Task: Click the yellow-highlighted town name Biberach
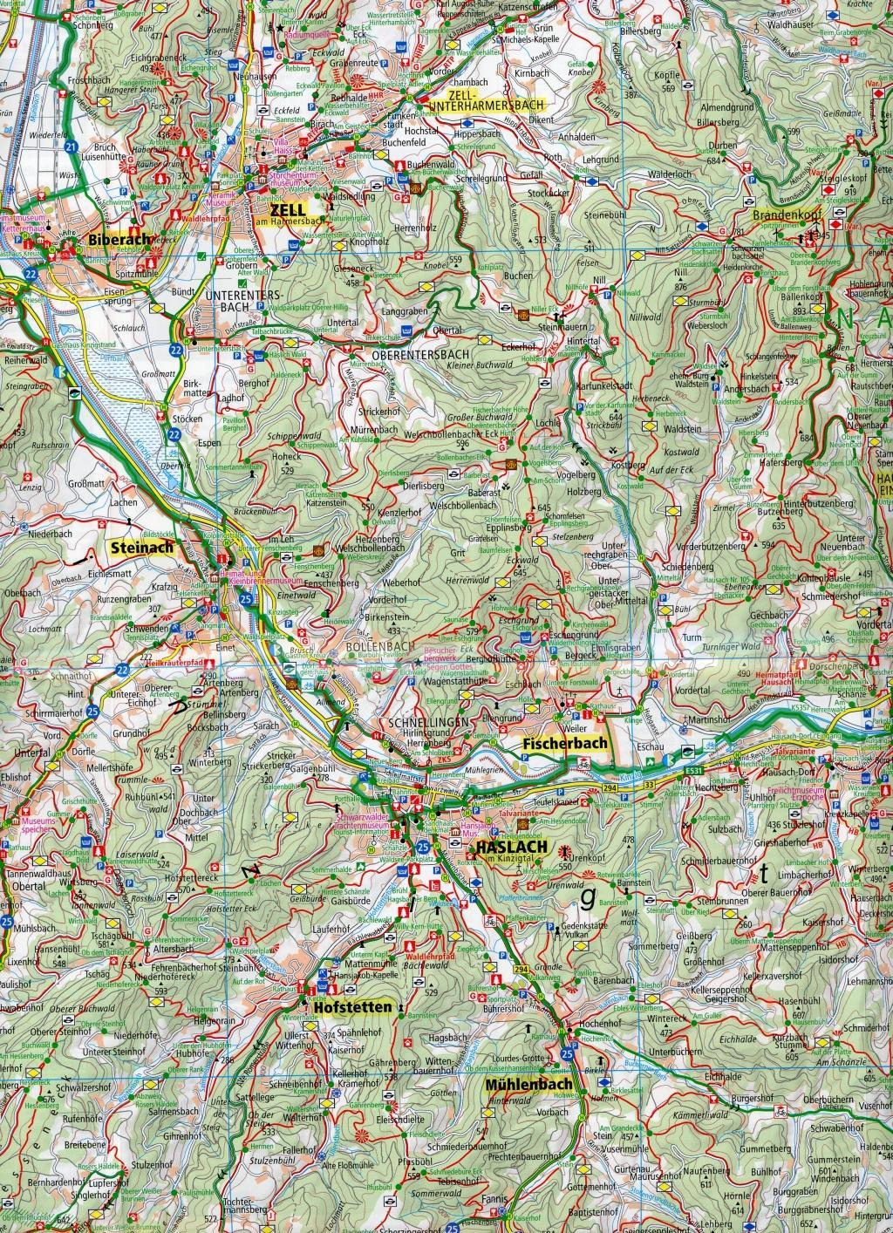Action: tap(119, 239)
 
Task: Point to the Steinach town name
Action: tap(142, 548)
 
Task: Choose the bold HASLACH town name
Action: tap(512, 847)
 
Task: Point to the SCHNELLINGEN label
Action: tap(425, 723)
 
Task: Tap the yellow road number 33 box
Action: tap(650, 786)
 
